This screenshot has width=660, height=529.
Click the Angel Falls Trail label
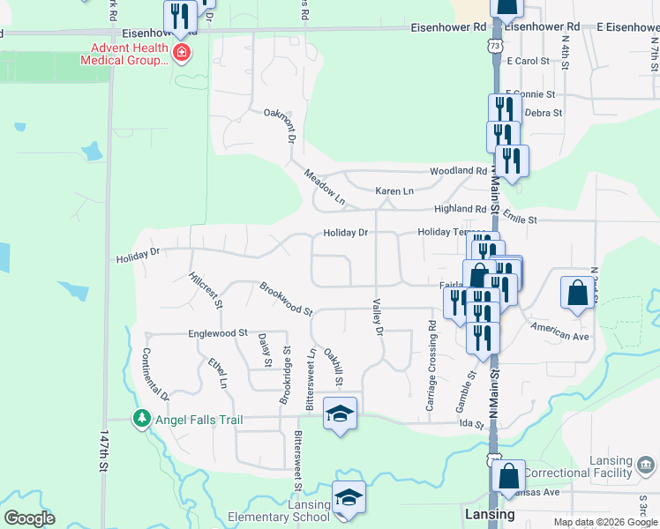199,420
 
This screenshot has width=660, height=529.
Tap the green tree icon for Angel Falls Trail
140,418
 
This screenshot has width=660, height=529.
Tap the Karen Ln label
394,190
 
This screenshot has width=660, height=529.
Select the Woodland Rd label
458,170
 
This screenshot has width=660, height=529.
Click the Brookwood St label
286,299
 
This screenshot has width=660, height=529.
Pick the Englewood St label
218,333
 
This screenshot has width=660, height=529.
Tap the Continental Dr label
155,374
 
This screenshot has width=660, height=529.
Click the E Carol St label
529,62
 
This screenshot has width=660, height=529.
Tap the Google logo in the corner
29,518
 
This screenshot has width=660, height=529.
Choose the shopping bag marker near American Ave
576,293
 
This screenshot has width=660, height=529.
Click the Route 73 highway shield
497,45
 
